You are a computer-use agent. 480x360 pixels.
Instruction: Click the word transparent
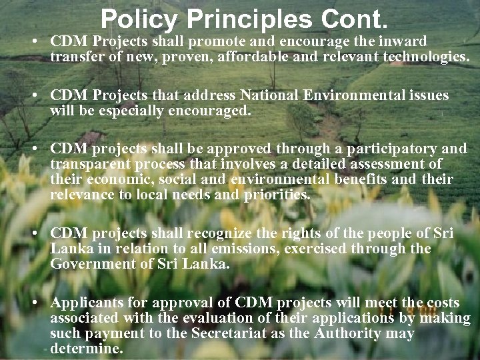pyautogui.click(x=91, y=165)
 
